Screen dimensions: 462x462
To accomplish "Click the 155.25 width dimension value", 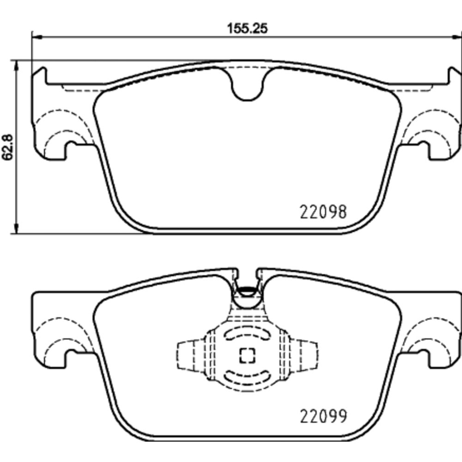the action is (247, 29).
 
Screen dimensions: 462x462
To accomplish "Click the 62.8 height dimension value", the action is (8, 147).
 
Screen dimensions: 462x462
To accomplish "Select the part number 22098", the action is (323, 212).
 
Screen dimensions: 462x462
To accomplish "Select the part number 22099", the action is (323, 416).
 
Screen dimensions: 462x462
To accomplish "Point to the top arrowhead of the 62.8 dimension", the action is (17, 66).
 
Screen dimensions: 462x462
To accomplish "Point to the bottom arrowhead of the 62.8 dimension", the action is (17, 228).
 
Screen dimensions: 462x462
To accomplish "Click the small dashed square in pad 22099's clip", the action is (247, 355).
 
